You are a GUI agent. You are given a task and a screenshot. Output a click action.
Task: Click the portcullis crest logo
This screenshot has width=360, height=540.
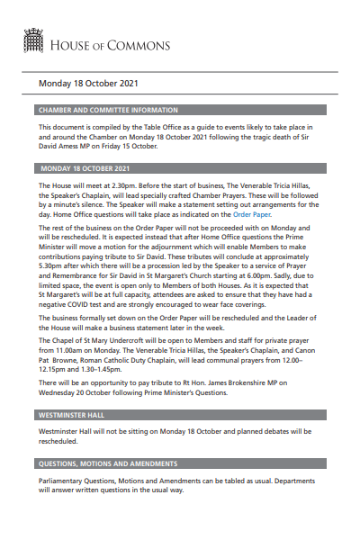coord(31,40)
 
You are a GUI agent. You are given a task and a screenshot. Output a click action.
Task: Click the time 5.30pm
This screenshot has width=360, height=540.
coord(52,267)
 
